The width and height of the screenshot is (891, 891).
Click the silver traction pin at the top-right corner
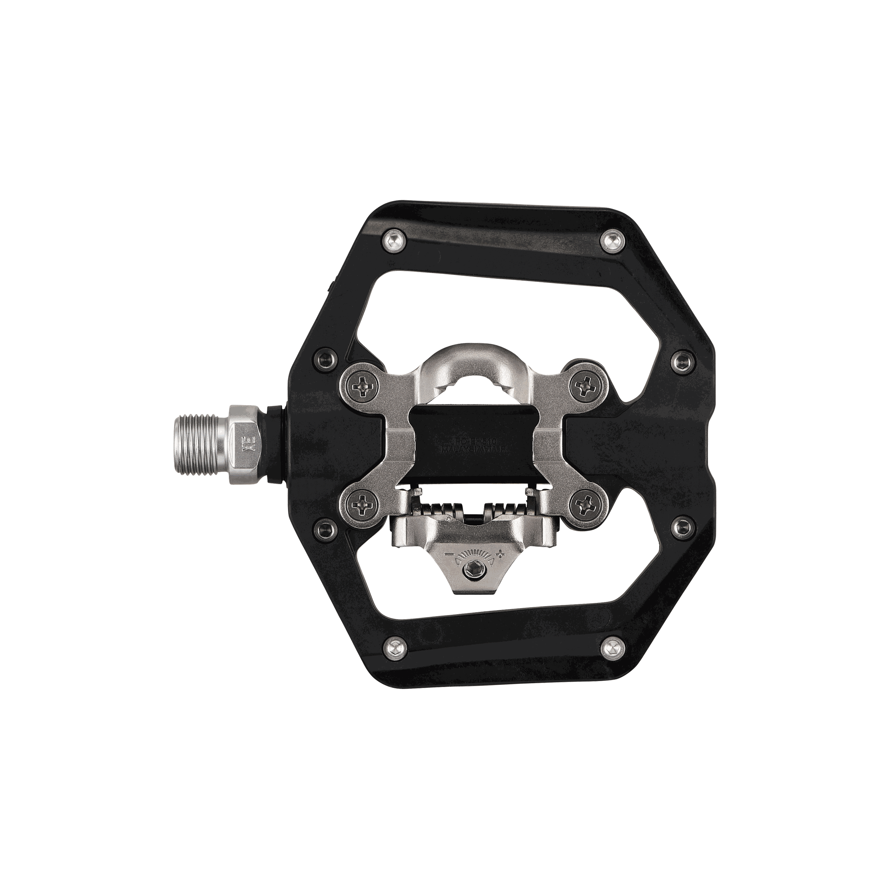click(x=612, y=239)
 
